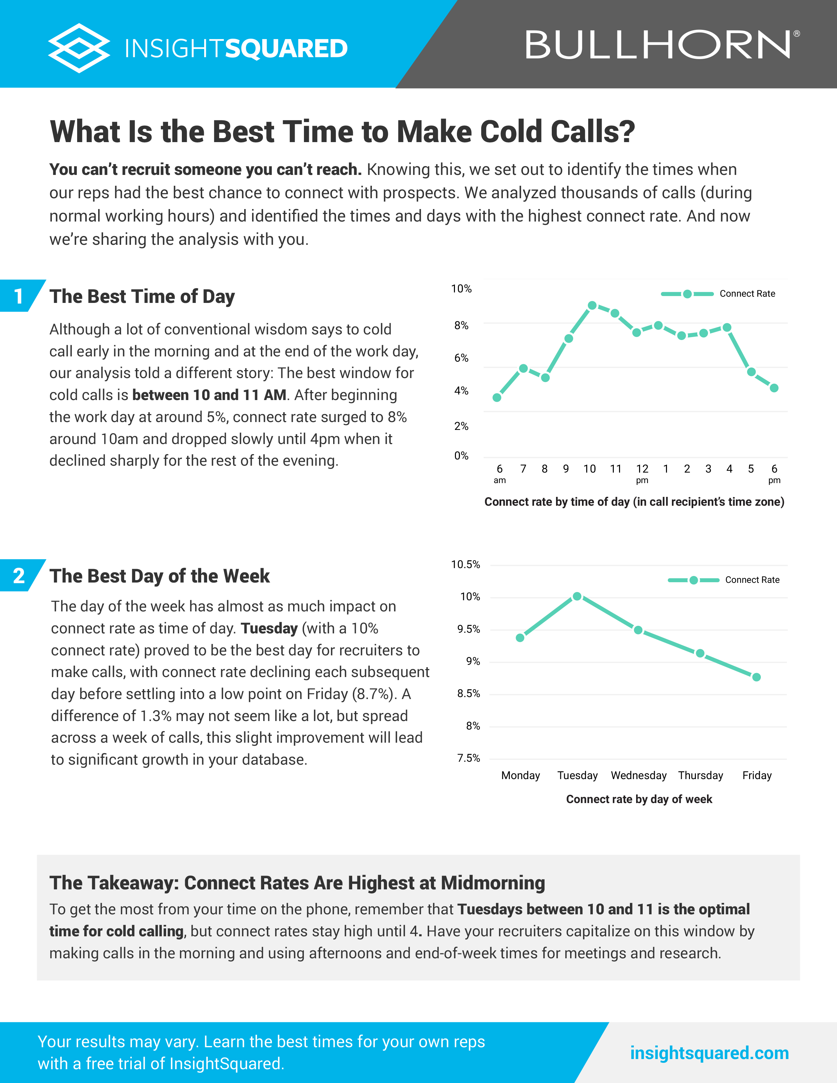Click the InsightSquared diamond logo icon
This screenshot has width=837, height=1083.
click(x=79, y=48)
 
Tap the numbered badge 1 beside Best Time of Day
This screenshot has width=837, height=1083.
click(x=19, y=296)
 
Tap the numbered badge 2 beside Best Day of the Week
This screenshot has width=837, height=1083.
click(x=19, y=576)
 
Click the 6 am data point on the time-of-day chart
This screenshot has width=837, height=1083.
click(x=497, y=397)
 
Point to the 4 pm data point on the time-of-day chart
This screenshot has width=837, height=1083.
click(x=727, y=327)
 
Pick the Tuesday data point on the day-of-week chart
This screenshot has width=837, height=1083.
click(x=577, y=596)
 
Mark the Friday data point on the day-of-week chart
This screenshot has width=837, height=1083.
click(x=756, y=677)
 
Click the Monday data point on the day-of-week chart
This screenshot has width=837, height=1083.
click(x=520, y=638)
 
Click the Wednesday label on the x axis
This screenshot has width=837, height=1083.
click(x=639, y=775)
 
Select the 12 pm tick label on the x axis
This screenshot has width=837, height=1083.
click(x=642, y=473)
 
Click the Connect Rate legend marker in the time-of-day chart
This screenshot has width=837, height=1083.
click(x=687, y=294)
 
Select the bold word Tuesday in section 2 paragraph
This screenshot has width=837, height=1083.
click(x=269, y=628)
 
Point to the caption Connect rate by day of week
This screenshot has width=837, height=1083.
click(x=639, y=799)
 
